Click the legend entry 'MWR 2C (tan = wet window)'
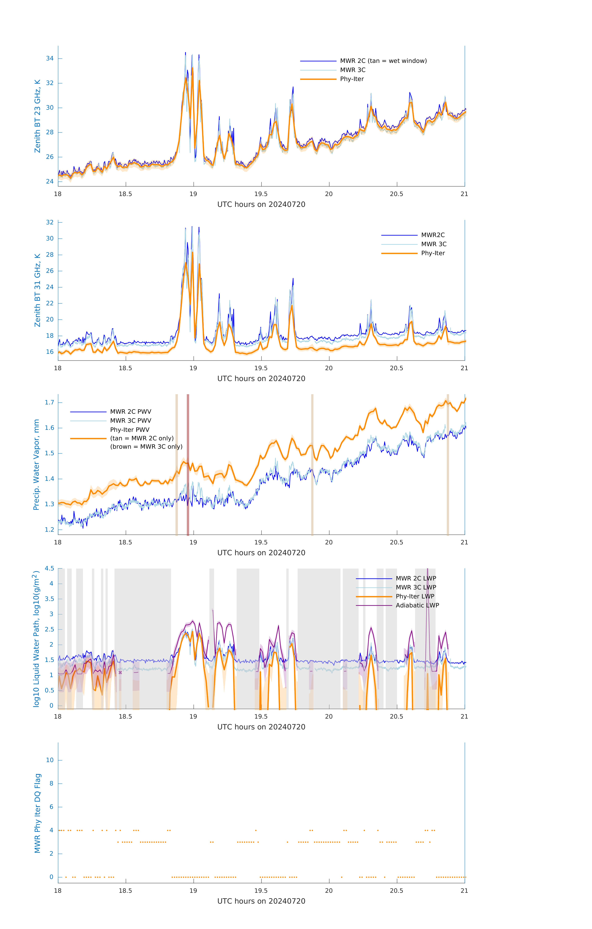point(383,61)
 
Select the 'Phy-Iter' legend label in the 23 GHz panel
point(352,79)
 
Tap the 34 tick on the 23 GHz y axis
point(50,59)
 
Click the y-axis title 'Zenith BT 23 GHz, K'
point(37,116)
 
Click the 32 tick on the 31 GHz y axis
point(50,222)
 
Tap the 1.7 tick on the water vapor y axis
point(49,402)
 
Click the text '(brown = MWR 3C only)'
point(146,447)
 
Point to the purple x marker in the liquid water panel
point(120,673)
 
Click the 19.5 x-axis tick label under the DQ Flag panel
point(261,891)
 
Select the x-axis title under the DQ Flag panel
point(261,901)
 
